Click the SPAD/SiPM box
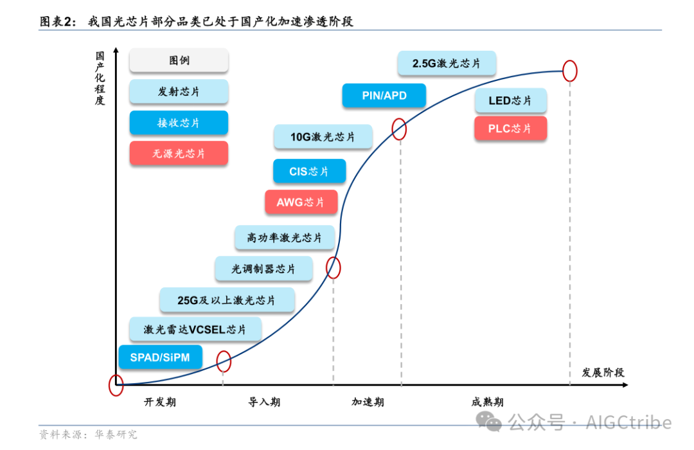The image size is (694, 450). coord(160,357)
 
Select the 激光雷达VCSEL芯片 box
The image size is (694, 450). coord(195,329)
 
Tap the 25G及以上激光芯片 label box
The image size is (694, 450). coord(227,300)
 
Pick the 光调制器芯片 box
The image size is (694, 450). coord(263,269)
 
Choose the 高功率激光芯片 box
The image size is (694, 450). coord(285,238)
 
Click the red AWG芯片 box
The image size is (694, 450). coord(301,203)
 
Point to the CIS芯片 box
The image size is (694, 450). coord(309,172)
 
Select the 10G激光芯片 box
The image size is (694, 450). coord(323,137)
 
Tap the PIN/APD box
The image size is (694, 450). coord(384,96)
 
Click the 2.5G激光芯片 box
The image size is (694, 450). coord(447,64)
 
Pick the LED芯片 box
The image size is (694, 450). coord(510,101)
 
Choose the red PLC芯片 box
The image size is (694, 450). coord(510,129)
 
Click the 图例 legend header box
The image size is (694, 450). coord(179,60)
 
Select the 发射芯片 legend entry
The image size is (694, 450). coord(179,91)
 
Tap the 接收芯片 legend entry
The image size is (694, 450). coord(179,123)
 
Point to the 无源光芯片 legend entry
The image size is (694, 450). coord(179,154)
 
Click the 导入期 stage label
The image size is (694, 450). coord(264,402)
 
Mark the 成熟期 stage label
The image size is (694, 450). coord(488,402)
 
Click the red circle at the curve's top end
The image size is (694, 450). coord(569,71)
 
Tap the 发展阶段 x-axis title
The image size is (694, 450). coord(603,373)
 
